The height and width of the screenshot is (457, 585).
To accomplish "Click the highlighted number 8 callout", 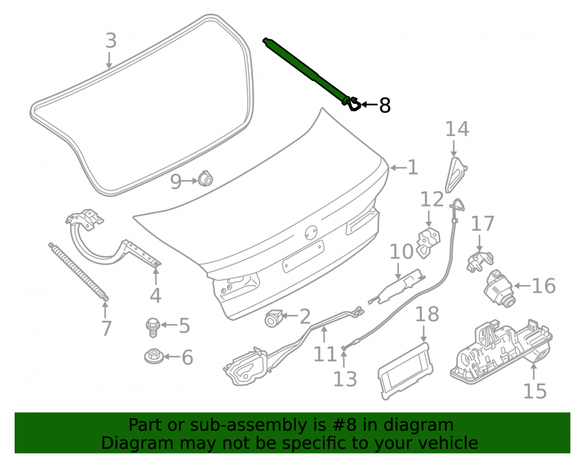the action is tap(385, 105).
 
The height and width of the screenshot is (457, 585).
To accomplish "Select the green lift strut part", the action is tap(309, 73).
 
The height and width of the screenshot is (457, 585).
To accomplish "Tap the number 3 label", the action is tap(111, 40).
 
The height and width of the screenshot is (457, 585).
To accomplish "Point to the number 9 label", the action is tap(175, 181).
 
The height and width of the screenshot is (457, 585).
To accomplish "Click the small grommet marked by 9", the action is tap(205, 178).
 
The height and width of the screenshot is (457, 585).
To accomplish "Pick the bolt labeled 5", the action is tap(153, 327).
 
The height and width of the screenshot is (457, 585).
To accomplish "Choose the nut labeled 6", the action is tap(154, 356).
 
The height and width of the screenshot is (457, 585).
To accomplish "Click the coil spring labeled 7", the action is tap(78, 272).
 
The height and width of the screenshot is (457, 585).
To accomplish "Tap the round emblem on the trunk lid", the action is tap(311, 232).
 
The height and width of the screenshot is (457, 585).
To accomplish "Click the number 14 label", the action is tap(457, 129).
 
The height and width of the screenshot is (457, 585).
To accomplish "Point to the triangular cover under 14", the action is tap(455, 174).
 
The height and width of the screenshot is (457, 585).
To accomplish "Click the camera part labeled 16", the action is tap(499, 288).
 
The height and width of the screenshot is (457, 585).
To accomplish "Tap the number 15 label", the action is tap(535, 391).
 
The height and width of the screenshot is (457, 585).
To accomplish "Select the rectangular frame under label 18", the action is tap(405, 370).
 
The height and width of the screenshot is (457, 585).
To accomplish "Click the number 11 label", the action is tap(325, 354).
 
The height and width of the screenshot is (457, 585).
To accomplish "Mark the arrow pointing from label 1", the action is tap(398, 168).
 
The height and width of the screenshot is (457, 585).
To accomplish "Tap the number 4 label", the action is tap(156, 295).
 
